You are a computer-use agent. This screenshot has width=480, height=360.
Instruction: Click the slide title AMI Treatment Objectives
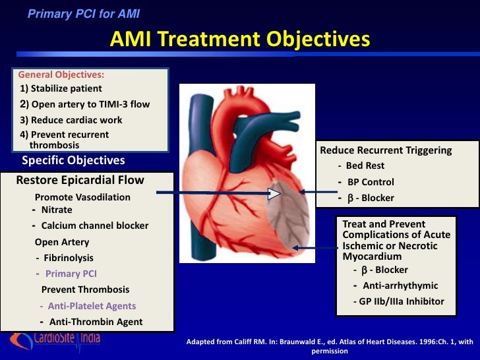(239, 40)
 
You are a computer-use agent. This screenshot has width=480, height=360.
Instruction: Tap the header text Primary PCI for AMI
(84, 13)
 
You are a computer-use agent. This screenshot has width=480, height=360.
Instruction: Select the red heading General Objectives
(61, 75)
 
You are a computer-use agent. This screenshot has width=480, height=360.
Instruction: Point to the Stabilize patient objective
(61, 88)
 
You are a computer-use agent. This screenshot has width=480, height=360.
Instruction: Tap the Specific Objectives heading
(73, 160)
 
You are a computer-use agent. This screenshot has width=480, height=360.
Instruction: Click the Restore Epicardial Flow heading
(80, 180)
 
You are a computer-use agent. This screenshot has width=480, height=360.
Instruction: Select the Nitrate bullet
(57, 210)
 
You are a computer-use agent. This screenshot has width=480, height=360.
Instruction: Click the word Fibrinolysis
(69, 258)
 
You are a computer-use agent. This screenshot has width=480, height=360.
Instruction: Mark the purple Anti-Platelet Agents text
(92, 306)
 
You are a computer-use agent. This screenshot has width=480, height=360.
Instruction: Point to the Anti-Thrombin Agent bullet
(95, 322)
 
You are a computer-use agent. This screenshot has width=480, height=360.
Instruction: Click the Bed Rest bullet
(365, 165)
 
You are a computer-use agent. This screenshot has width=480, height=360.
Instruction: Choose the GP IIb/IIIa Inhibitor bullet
(401, 302)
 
